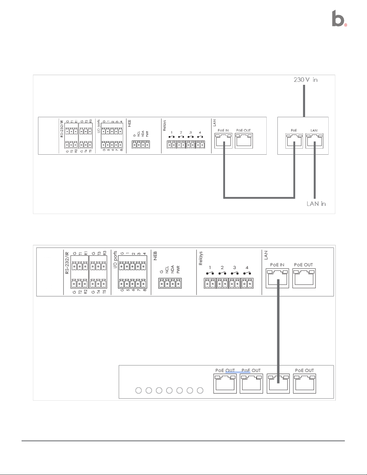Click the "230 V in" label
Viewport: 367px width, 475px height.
click(x=305, y=80)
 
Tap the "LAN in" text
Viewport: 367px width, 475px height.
click(x=316, y=204)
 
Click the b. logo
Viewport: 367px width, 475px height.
click(x=339, y=19)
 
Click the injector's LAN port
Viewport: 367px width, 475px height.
click(x=314, y=141)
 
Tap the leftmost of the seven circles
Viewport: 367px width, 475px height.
click(x=139, y=390)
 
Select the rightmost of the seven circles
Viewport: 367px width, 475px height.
click(x=200, y=390)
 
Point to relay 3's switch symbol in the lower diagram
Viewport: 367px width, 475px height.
click(x=234, y=273)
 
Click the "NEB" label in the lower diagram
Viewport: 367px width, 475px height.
click(x=155, y=256)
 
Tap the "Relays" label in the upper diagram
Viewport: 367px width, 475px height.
click(x=164, y=126)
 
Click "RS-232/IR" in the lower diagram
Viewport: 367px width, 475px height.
click(x=67, y=263)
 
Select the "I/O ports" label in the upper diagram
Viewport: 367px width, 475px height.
click(x=99, y=126)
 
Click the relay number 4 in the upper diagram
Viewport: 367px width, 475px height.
click(x=200, y=132)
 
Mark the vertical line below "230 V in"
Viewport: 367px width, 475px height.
click(x=304, y=100)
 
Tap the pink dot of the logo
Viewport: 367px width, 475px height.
click(x=346, y=25)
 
